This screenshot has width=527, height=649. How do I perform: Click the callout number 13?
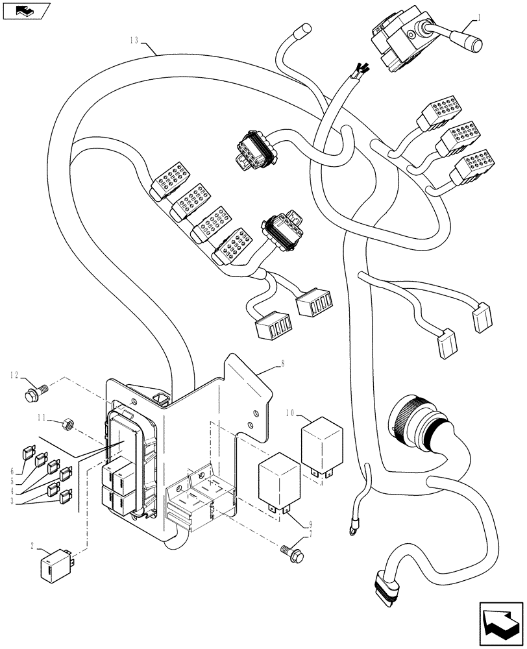click(134, 40)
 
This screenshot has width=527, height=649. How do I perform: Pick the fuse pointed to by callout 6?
click(29, 449)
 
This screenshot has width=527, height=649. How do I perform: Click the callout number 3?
click(13, 501)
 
